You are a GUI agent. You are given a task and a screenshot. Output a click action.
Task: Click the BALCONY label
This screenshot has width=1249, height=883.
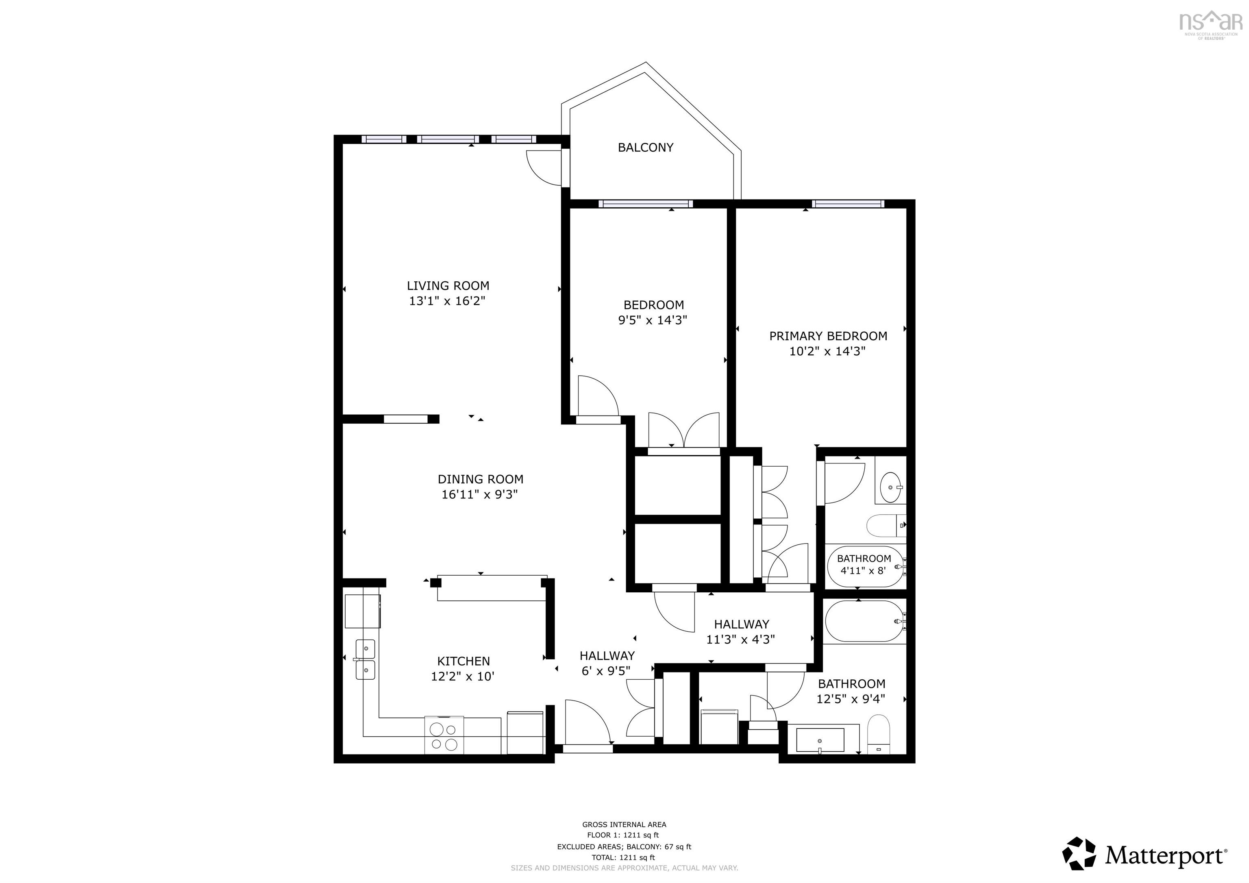tap(645, 148)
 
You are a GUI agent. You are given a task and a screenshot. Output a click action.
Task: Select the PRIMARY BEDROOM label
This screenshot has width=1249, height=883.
tap(827, 336)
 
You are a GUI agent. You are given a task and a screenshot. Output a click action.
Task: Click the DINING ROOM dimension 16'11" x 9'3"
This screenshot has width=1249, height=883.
tap(479, 494)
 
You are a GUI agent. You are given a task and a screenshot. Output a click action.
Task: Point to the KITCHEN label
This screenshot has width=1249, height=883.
tap(463, 661)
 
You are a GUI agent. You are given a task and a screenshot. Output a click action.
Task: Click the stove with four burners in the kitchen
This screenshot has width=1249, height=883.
tap(444, 735)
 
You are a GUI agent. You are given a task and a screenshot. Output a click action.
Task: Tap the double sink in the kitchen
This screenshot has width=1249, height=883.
tap(366, 659)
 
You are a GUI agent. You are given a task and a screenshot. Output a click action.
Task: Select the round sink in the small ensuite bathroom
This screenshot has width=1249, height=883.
tap(890, 481)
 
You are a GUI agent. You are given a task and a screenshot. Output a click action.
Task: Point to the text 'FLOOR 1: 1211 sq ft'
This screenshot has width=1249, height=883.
tap(623, 835)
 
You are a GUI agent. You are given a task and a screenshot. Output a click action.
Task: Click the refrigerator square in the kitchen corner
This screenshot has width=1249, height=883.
tap(362, 611)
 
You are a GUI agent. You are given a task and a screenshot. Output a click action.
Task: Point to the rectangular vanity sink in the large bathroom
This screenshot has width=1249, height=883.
tap(820, 740)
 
